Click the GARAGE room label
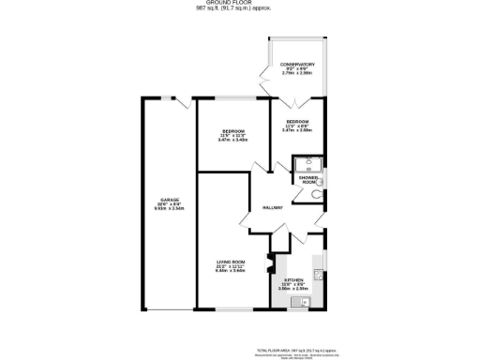click(x=169, y=200)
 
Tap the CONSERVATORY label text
click(x=297, y=65)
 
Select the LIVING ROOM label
click(x=231, y=262)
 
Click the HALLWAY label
click(x=273, y=208)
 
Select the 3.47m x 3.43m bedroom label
click(x=233, y=139)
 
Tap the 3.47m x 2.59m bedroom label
click(x=297, y=130)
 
